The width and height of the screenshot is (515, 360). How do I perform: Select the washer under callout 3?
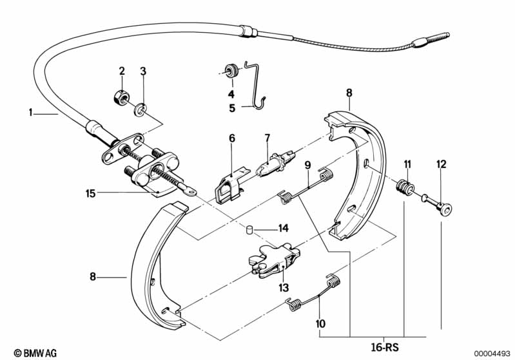[x=141, y=109]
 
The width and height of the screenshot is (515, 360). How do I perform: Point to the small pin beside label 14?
[x=249, y=229]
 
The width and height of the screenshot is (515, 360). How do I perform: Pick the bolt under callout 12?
[x=436, y=204]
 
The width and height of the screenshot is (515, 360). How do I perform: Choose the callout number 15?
[x=90, y=193]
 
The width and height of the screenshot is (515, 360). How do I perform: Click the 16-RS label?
[x=385, y=347]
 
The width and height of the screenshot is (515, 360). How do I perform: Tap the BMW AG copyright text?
[x=35, y=353]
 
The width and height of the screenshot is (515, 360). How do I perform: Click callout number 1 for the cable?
[x=30, y=113]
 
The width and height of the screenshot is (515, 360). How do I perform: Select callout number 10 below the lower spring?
[x=320, y=323]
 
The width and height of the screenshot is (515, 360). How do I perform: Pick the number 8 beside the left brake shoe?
[x=93, y=277]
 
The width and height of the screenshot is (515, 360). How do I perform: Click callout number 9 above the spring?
[x=307, y=165]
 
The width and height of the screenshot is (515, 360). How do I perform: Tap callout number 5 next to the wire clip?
[x=232, y=108]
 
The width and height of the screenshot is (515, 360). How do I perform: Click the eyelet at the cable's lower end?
[x=189, y=191]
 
